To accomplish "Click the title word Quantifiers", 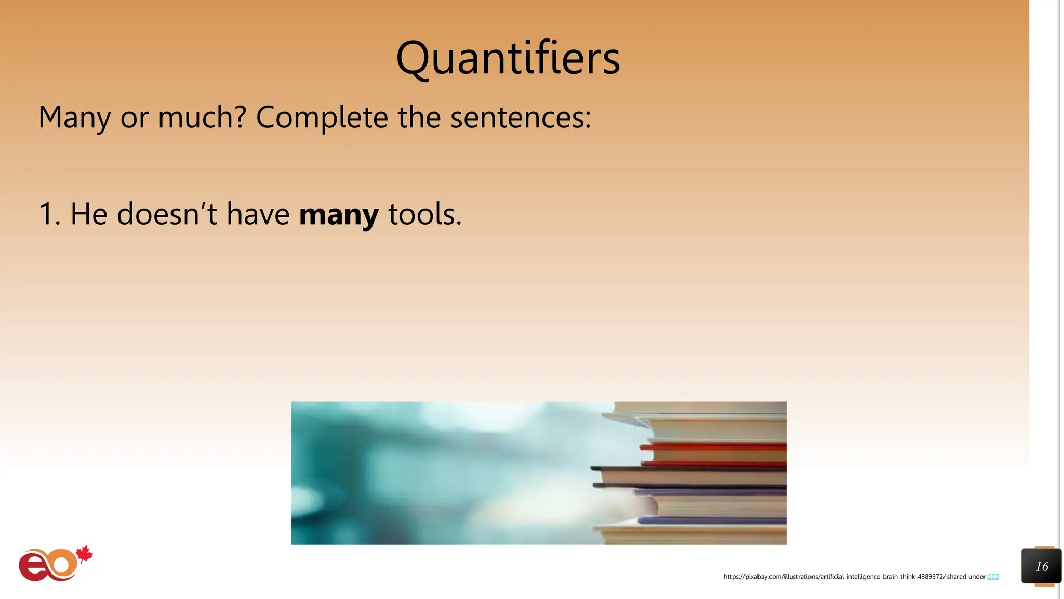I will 508,58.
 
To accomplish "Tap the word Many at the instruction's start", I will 74,118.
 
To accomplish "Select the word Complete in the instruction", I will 322,118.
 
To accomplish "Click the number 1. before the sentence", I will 49,214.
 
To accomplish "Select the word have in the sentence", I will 258,214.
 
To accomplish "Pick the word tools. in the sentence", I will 424,214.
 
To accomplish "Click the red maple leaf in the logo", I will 84,554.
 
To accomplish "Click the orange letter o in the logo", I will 62,564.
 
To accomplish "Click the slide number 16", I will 1041,566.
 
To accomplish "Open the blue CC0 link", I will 992,577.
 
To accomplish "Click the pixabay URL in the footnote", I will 834,577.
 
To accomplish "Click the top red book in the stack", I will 714,446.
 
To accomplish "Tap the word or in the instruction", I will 134,118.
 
